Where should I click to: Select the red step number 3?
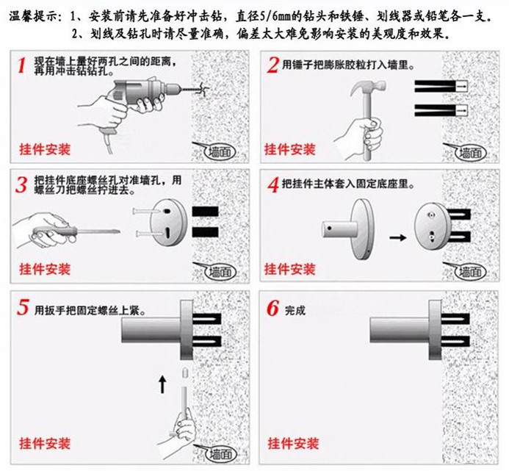click(x=22, y=184)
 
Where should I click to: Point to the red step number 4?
click(x=272, y=184)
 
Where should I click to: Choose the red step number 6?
click(x=272, y=308)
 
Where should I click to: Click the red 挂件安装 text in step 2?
click(x=290, y=150)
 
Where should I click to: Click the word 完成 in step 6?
click(x=295, y=310)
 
